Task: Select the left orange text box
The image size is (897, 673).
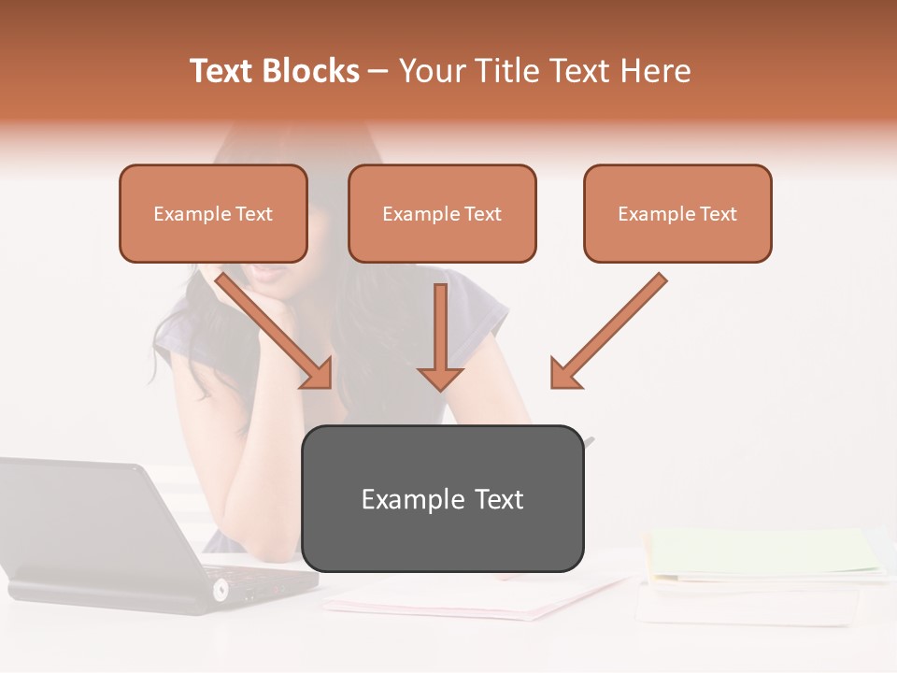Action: [213, 213]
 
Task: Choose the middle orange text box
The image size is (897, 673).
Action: [442, 213]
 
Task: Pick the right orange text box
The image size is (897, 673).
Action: [677, 213]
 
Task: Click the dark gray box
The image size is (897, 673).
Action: [442, 498]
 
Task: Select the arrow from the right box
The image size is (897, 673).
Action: [607, 332]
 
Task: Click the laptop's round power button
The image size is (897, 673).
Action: [221, 590]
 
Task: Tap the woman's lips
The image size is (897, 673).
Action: [271, 270]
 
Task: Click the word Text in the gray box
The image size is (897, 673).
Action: [498, 499]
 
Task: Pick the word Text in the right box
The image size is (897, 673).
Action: [718, 214]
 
